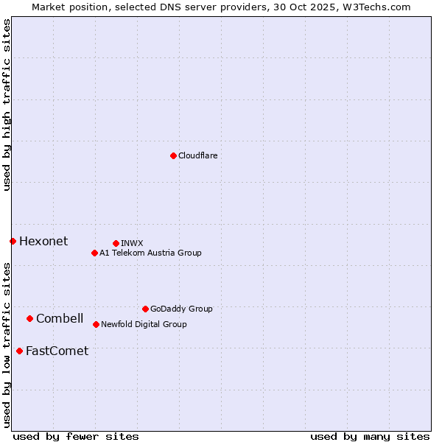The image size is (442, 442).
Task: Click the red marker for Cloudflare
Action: (173, 155)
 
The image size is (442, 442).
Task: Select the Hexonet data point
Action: (13, 241)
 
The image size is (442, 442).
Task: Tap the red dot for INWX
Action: (116, 243)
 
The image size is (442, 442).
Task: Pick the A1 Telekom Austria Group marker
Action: (94, 253)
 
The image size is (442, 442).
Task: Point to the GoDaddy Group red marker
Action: (145, 309)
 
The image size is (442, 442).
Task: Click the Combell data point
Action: (29, 318)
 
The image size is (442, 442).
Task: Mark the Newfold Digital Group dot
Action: (96, 324)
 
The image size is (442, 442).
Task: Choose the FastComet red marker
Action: (19, 351)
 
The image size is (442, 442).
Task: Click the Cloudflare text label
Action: (198, 155)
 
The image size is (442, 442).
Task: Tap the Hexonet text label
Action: (43, 241)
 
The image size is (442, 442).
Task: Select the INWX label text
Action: (132, 243)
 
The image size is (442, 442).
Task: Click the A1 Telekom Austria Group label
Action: (150, 253)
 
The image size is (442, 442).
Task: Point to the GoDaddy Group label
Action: (181, 309)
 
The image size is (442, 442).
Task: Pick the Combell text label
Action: (60, 318)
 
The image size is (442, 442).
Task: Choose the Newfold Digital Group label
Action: (144, 324)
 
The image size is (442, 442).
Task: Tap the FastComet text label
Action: (57, 351)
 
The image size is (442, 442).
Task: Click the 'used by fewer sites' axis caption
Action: (76, 436)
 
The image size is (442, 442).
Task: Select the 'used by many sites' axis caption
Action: (370, 436)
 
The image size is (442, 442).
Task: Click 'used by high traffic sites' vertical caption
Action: (7, 105)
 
